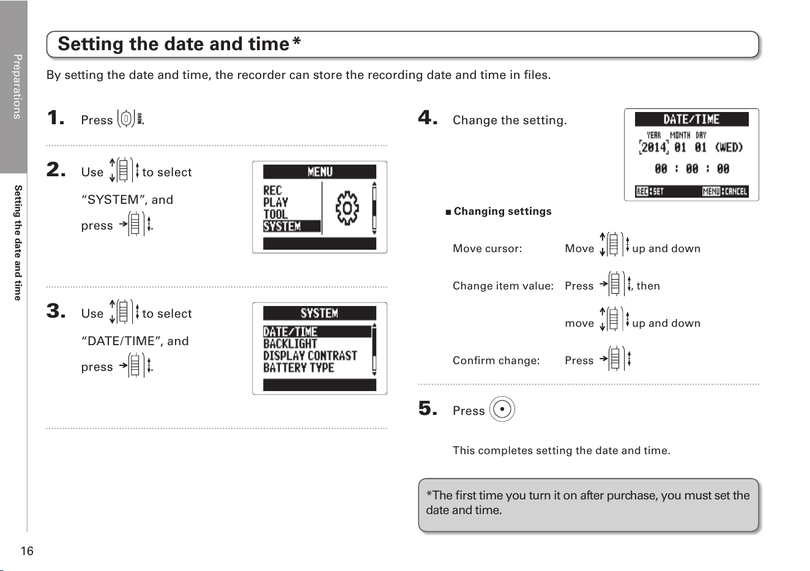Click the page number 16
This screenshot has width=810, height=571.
click(27, 551)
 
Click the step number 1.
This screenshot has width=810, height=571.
click(56, 118)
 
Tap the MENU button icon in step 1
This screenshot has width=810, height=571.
click(130, 118)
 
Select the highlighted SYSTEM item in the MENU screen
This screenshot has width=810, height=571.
click(291, 226)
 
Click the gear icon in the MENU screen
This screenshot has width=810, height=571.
click(347, 208)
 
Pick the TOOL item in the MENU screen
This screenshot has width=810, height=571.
click(275, 214)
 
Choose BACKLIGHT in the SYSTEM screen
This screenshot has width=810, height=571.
click(290, 344)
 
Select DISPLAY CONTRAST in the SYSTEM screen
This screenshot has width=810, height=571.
click(310, 356)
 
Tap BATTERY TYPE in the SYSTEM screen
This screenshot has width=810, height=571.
click(299, 368)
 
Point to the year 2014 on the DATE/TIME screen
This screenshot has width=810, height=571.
click(654, 147)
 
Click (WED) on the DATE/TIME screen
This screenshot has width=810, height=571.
click(729, 147)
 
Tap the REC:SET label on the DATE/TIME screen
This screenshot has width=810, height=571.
click(650, 191)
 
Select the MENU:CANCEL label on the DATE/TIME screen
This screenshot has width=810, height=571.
click(725, 191)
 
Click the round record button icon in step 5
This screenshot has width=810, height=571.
click(502, 409)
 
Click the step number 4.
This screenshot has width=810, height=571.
click(428, 118)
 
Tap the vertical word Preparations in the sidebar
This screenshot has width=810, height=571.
click(17, 86)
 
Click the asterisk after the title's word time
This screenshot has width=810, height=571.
click(297, 40)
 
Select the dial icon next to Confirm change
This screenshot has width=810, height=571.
click(615, 359)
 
